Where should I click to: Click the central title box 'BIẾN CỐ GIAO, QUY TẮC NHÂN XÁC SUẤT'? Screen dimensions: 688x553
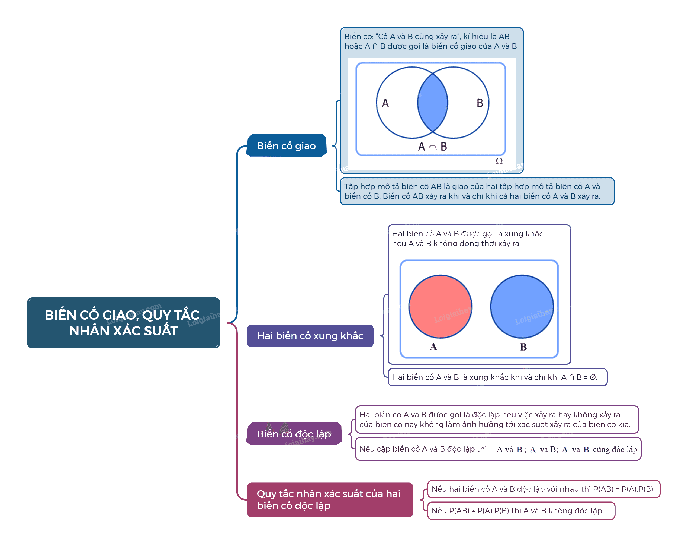124,323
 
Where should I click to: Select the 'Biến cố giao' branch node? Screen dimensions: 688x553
286,145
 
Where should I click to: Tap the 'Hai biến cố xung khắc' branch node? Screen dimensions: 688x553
310,336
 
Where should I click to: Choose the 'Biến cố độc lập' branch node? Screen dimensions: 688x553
294,434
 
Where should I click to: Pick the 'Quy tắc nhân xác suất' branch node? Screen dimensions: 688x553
330,500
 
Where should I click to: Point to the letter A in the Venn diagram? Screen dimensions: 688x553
385,103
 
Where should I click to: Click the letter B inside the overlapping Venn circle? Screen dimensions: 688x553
480,103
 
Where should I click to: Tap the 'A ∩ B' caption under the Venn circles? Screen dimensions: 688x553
432,147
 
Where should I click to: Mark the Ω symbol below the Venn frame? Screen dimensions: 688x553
499,161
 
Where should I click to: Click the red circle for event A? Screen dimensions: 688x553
441,307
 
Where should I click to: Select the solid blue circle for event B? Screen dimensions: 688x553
522,307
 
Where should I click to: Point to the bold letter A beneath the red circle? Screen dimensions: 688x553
433,346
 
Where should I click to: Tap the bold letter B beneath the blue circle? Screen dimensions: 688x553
523,347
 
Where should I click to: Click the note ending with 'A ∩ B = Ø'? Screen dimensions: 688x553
497,377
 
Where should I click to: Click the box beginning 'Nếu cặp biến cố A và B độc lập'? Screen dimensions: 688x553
498,449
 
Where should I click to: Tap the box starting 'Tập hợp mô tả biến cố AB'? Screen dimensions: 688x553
477,191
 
